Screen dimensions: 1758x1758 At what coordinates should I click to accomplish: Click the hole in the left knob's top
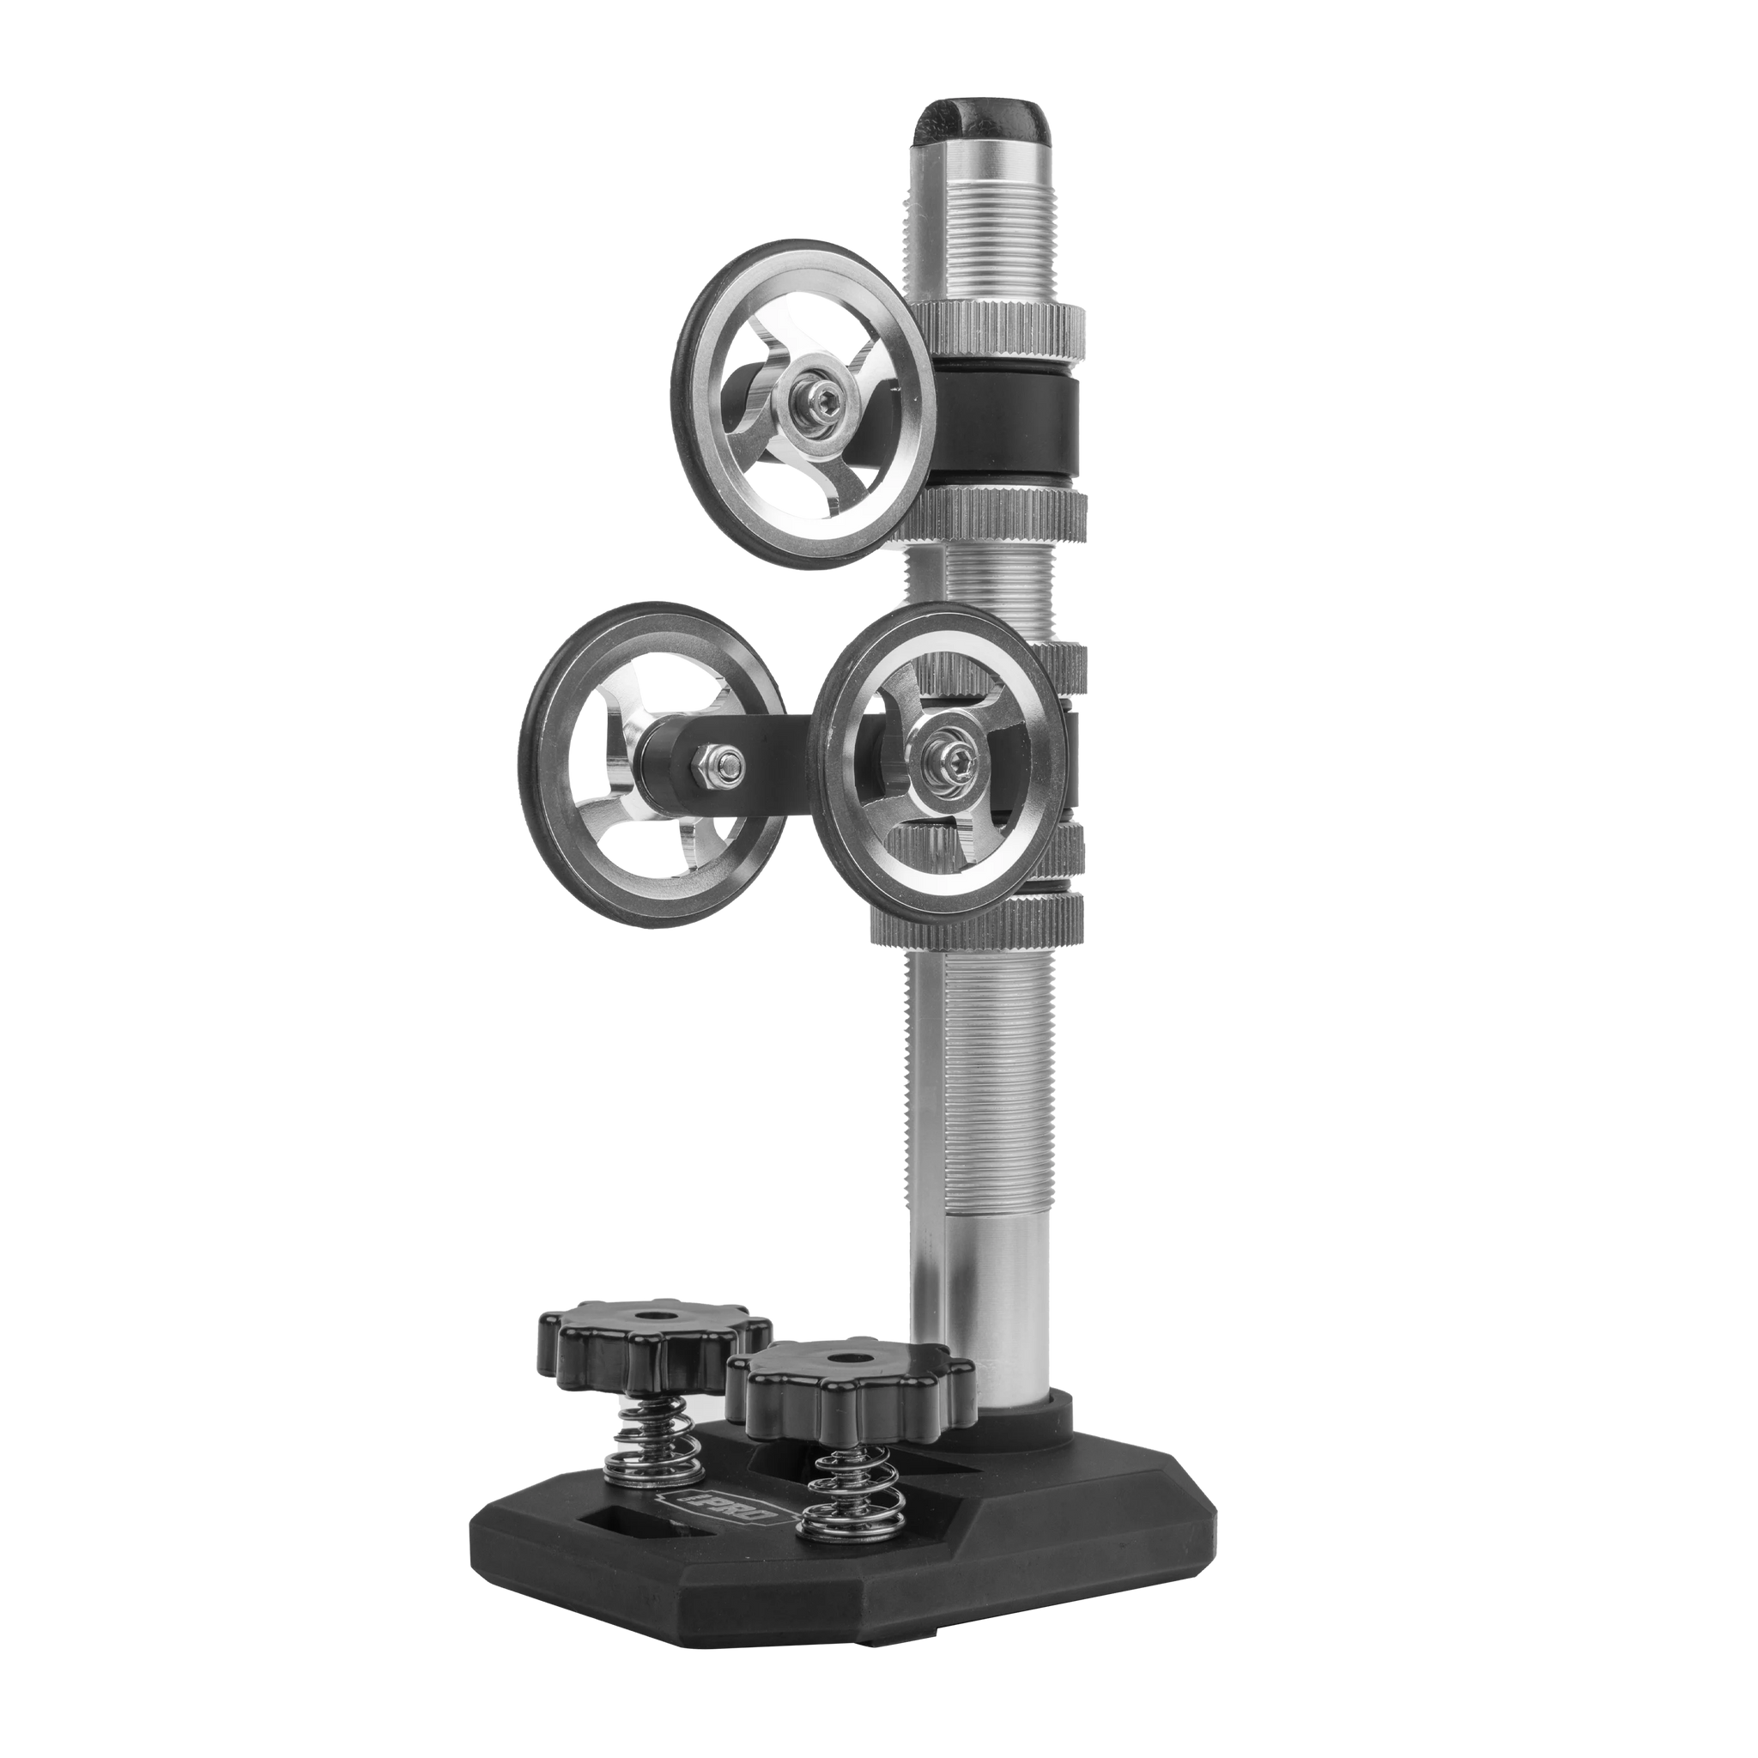652,1317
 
